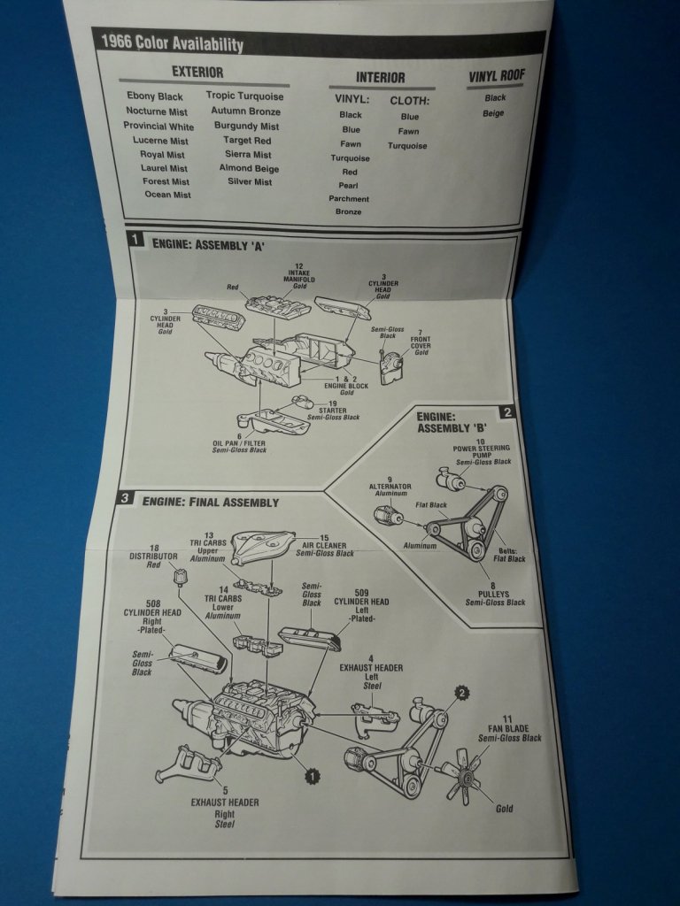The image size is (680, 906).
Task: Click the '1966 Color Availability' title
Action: click(172, 43)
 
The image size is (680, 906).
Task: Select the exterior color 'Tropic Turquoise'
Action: click(244, 96)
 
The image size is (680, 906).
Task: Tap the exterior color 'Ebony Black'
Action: click(155, 96)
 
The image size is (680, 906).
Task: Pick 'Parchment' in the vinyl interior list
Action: click(349, 199)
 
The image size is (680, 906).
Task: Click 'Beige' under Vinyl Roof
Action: click(493, 113)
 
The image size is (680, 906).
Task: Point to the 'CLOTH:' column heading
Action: click(409, 101)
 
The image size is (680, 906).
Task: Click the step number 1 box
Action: click(135, 239)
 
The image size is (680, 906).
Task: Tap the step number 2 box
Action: click(507, 412)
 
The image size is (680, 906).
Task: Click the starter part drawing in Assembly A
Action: click(302, 402)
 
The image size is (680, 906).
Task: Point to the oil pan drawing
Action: click(273, 422)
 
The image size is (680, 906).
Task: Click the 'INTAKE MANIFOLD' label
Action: click(299, 276)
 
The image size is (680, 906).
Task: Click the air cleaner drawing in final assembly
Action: click(264, 548)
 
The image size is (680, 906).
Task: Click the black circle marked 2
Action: click(461, 693)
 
